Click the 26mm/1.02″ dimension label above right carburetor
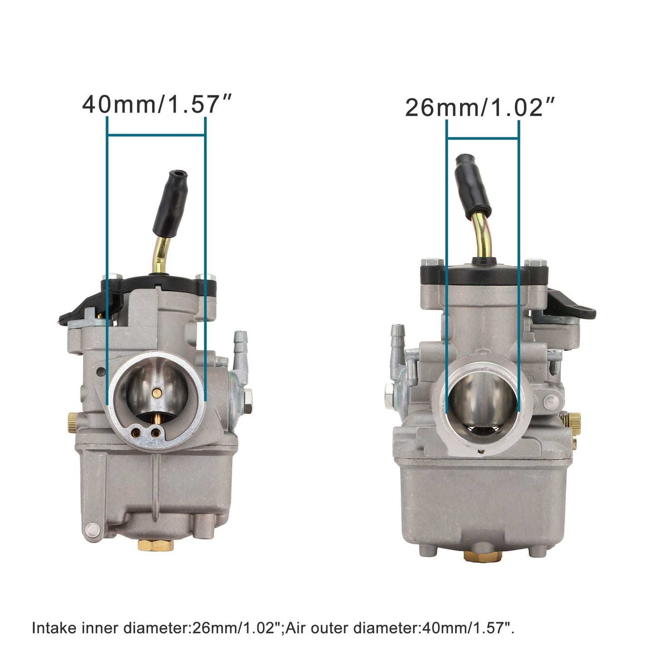tap(480, 107)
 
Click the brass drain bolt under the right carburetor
tap(482, 555)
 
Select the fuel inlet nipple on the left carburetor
tap(240, 344)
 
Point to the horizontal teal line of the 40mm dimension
tap(156, 135)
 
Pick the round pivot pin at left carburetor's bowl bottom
tap(92, 529)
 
